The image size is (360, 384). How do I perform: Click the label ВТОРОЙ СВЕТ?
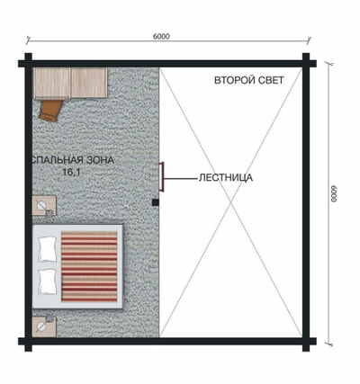249,81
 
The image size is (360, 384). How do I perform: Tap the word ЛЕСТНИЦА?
225,178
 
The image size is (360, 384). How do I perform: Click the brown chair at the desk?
50,110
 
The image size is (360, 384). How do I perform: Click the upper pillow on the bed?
47,246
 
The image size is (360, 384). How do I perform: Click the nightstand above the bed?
43,207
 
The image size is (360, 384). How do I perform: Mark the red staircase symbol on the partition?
161,176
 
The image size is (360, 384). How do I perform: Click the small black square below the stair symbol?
156,202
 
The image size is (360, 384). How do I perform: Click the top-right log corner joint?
308,64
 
